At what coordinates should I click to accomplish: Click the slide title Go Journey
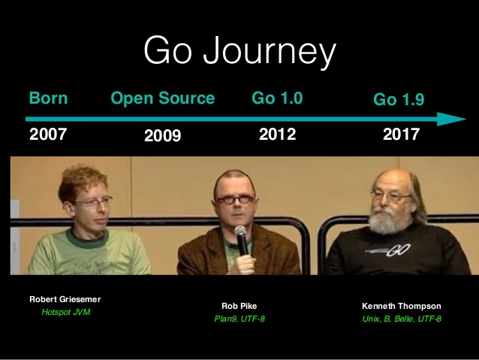(239, 51)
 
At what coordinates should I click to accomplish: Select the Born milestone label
(48, 98)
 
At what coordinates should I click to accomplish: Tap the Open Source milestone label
(163, 98)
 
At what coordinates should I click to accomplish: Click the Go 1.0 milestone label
(277, 98)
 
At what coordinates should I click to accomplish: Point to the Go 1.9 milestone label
(399, 100)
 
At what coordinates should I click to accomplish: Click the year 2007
(48, 135)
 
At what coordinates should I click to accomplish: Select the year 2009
(163, 137)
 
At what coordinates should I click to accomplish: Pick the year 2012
(277, 135)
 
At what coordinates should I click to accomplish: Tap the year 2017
(400, 135)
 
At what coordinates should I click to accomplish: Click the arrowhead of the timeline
(452, 119)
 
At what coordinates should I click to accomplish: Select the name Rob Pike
(239, 306)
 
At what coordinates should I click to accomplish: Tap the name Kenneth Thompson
(401, 306)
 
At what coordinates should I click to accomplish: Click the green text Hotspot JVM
(65, 311)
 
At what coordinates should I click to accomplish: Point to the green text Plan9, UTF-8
(239, 319)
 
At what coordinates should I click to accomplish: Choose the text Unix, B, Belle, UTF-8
(401, 319)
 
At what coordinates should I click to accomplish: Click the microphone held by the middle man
(242, 239)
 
